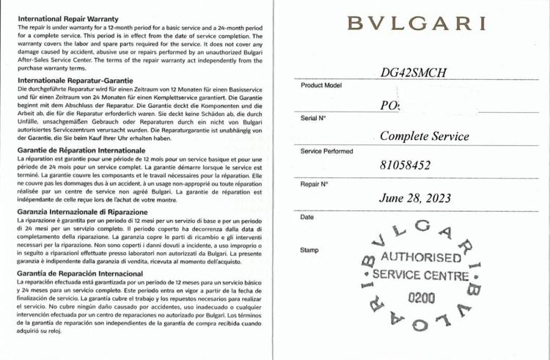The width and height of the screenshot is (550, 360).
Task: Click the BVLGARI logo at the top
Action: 417,23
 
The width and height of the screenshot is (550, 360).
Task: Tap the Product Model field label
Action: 321,86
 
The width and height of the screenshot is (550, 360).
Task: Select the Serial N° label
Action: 313,118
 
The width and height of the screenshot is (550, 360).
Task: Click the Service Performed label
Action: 326,151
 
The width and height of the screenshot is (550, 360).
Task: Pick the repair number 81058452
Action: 406,166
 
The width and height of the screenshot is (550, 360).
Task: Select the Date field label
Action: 307,217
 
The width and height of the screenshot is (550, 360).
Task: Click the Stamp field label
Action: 309,250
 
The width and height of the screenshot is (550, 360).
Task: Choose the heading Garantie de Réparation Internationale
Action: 85,149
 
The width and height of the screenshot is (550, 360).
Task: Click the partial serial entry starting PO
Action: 390,105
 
